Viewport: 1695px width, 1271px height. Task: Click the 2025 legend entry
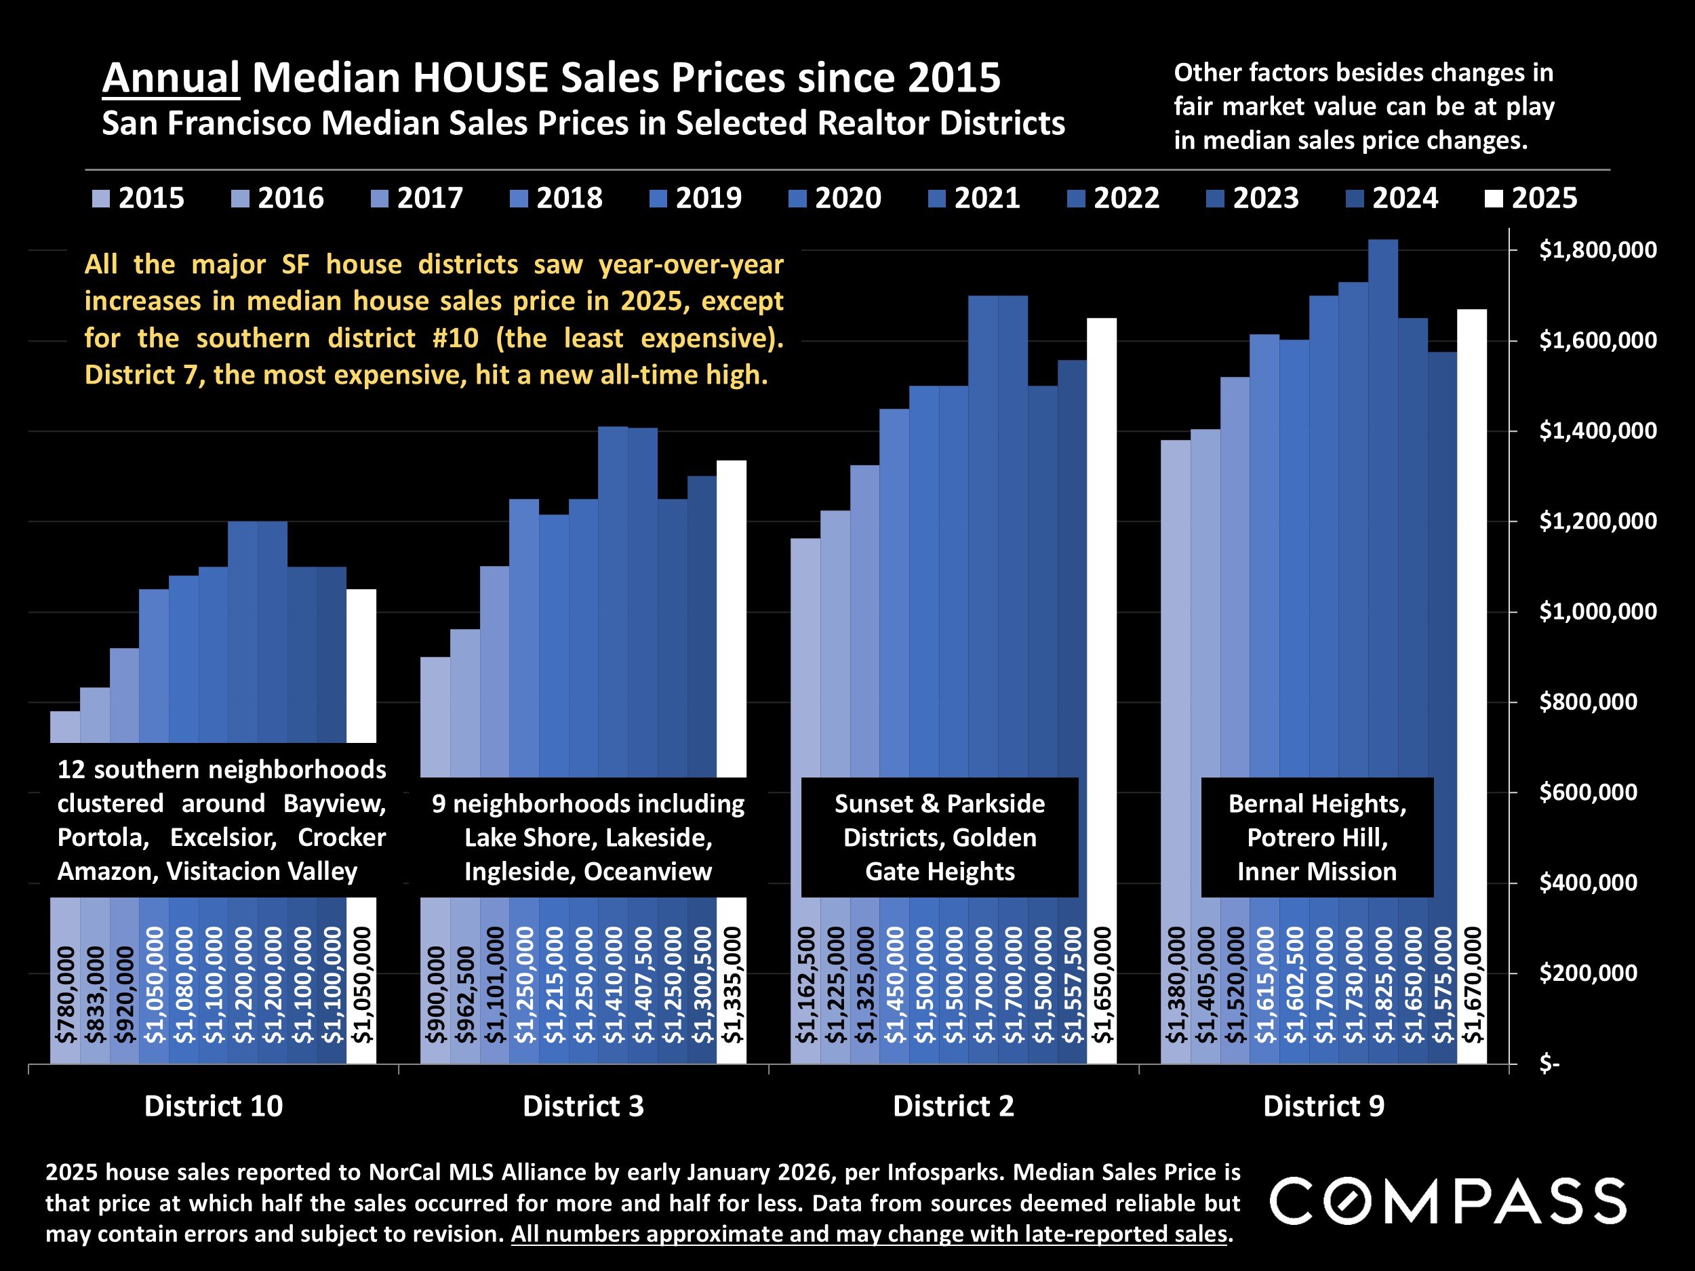tap(1531, 199)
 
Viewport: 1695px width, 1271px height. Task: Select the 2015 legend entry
tap(138, 199)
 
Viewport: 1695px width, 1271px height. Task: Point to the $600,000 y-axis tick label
tap(1588, 792)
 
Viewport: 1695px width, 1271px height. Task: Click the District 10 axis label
tap(213, 1106)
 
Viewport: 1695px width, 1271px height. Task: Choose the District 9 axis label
tap(1323, 1106)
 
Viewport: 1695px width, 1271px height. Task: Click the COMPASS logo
tap(1447, 1201)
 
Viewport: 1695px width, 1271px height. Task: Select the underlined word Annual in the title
tap(171, 78)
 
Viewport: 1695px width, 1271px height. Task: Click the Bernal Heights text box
tap(1317, 837)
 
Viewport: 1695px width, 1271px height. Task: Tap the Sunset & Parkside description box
tap(940, 837)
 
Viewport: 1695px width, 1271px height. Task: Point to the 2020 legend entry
tap(835, 199)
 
